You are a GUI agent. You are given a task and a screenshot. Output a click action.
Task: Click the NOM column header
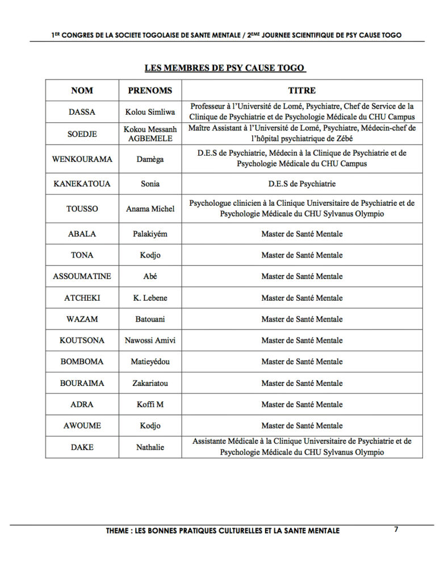click(x=82, y=90)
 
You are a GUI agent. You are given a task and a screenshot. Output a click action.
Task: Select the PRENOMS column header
click(x=150, y=90)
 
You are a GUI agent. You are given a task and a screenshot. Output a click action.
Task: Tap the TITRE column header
click(x=302, y=90)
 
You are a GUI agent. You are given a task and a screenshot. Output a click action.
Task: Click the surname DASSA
click(x=82, y=112)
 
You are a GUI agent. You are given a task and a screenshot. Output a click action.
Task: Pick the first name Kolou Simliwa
click(x=150, y=112)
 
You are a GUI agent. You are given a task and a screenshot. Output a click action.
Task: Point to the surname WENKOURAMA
click(x=82, y=159)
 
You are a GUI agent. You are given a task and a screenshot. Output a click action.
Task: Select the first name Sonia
click(x=150, y=184)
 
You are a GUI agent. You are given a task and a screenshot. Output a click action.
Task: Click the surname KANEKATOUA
click(x=82, y=184)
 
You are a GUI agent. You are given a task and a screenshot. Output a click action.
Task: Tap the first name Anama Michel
click(x=150, y=209)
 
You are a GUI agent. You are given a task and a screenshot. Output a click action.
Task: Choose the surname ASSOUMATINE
click(x=82, y=276)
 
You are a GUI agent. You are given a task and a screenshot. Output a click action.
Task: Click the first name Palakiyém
click(x=150, y=234)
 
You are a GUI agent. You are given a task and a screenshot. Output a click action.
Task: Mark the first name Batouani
click(x=150, y=319)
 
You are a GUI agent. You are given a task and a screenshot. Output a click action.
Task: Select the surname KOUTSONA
click(x=82, y=340)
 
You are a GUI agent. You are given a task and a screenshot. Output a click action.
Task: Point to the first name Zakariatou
click(x=150, y=383)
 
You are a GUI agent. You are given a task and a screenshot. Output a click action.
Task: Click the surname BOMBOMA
click(x=82, y=361)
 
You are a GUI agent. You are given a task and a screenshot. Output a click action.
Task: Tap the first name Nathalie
click(x=150, y=447)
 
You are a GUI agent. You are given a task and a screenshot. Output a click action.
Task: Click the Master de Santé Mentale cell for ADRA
click(x=302, y=405)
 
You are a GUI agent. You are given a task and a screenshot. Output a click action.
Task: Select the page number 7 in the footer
click(x=396, y=530)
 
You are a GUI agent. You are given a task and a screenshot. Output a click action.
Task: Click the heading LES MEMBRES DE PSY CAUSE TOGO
click(x=225, y=68)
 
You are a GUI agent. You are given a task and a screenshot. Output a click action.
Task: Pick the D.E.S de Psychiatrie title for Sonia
click(x=302, y=184)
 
